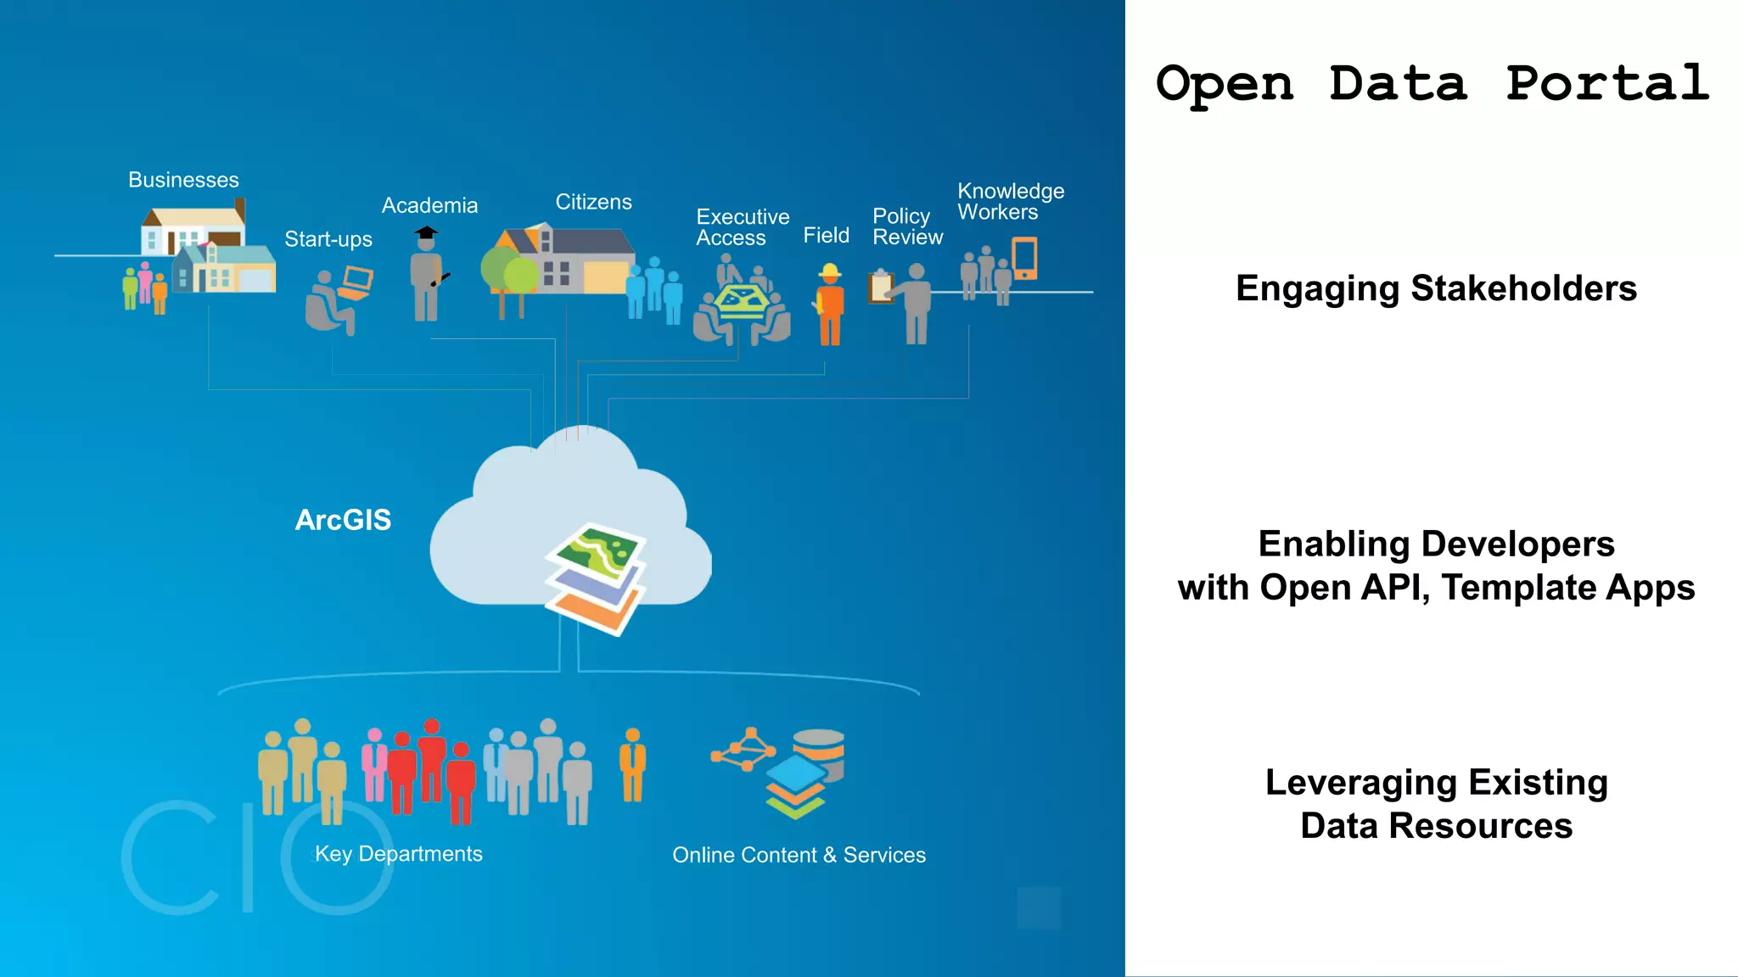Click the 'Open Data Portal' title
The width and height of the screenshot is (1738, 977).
pos(1432,83)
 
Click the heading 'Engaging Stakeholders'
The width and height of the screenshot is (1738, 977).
pos(1436,288)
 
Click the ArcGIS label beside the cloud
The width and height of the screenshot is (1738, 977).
pos(343,520)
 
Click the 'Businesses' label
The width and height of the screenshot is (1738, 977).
pos(183,180)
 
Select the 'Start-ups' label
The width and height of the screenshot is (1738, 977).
pos(328,239)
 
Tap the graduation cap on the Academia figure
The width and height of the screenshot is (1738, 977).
pos(426,232)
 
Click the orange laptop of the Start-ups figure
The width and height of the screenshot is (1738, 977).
pos(356,282)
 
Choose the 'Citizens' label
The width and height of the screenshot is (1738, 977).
pos(593,202)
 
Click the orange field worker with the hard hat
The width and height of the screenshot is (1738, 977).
pos(830,305)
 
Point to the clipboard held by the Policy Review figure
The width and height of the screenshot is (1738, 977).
pos(880,287)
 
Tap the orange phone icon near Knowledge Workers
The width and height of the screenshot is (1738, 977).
pos(1025,259)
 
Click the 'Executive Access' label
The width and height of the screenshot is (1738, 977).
pos(742,227)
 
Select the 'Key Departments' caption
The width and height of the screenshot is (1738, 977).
pos(399,854)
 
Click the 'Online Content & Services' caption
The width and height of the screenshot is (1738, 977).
pos(799,855)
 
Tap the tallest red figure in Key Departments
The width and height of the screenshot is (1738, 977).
pos(432,763)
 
